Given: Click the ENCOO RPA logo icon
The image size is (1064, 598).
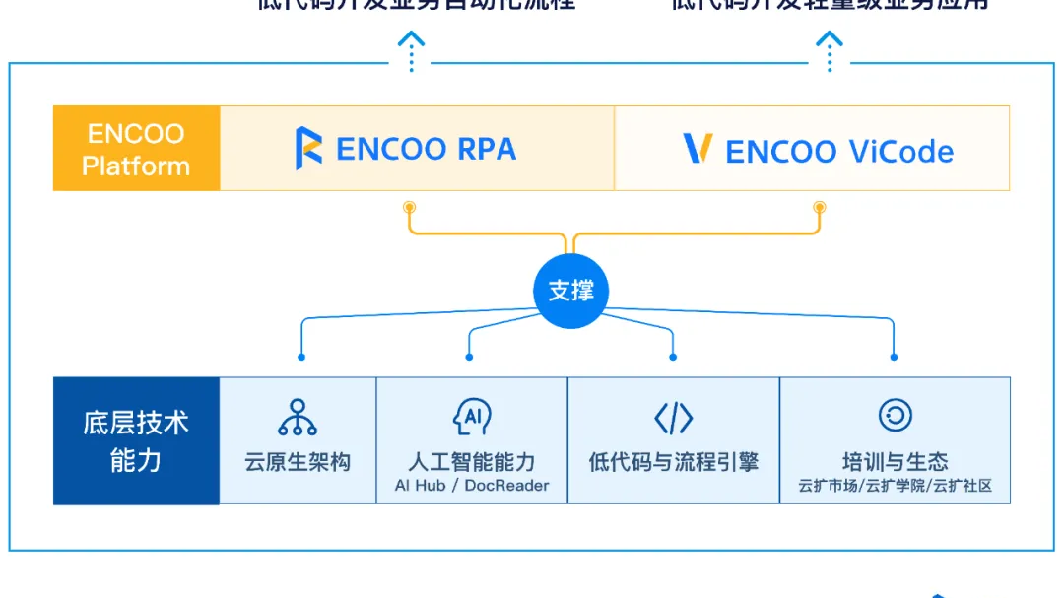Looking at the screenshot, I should pos(308,148).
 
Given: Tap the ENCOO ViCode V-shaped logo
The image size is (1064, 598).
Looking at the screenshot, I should pos(698,149).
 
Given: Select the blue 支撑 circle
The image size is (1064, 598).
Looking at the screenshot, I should pos(571,292).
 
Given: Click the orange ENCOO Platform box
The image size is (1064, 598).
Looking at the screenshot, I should pos(136,149).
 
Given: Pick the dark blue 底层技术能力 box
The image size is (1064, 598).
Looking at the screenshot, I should pos(136,440).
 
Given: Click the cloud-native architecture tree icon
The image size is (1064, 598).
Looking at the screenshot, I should pos(298,418).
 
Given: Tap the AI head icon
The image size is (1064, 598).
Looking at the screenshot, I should pos(472,418).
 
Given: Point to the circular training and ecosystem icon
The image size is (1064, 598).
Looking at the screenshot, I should pos(895,416).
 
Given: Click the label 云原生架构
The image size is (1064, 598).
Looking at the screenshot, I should pos(298,462).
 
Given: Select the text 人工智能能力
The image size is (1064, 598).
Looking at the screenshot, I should pos(472,462).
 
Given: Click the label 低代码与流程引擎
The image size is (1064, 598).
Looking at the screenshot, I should pos(674,462).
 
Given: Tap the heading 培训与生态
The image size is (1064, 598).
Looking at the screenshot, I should pos(895,461).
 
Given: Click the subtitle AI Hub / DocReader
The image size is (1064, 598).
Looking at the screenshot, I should pos(472,486).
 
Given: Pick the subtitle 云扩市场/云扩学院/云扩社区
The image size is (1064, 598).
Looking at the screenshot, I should pos(895,486).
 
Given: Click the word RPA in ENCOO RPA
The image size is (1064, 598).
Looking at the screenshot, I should pos(487,149).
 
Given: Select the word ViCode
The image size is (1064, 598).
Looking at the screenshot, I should pos(899,152).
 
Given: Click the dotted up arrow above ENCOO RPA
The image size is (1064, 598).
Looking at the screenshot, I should pos(411,50).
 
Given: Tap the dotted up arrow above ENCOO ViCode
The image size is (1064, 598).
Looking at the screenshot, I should pos(831,50).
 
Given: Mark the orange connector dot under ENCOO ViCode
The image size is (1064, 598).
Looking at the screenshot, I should pos(819,207).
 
